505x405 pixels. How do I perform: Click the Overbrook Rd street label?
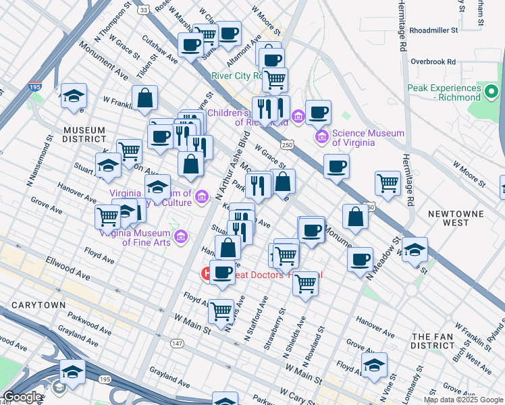pyautogui.click(x=433, y=61)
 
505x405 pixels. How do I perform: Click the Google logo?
pyautogui.click(x=22, y=397)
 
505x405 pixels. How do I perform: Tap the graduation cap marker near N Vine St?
pyautogui.click(x=374, y=364)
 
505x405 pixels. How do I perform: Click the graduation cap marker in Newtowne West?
pyautogui.click(x=415, y=249)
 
